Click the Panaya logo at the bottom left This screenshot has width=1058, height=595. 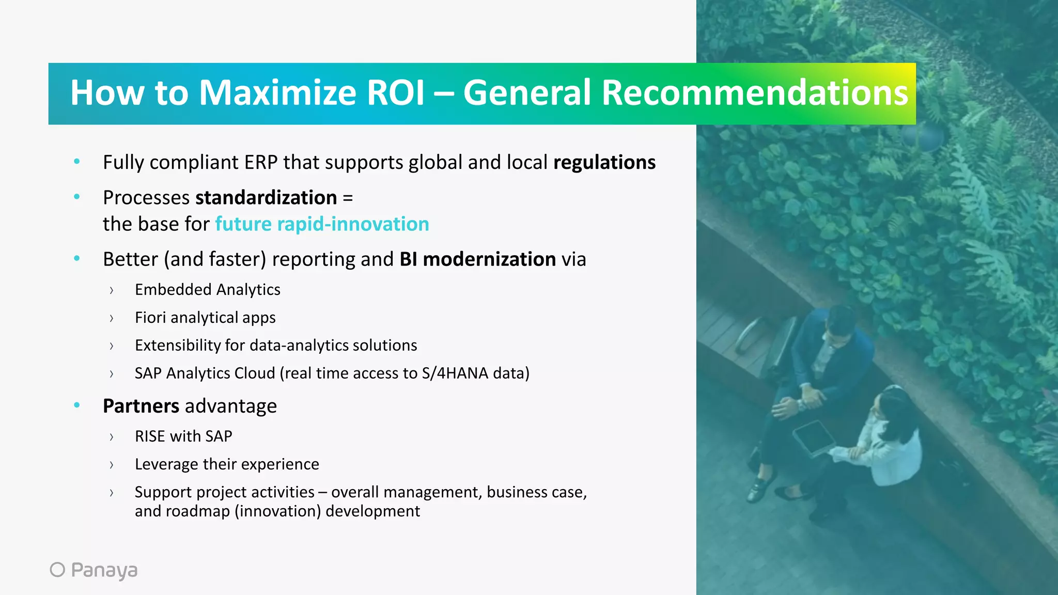94,570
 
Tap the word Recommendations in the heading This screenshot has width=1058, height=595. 754,93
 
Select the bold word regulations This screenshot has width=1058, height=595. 604,163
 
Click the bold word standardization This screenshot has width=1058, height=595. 266,198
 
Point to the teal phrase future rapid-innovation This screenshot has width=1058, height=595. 322,224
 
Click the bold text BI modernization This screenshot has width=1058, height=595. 477,259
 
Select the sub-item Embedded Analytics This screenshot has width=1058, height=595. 207,290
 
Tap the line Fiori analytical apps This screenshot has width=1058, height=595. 205,318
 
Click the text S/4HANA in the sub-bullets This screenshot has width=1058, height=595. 455,373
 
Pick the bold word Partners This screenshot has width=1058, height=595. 141,406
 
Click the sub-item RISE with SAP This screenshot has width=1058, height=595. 183,436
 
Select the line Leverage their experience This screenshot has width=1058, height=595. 227,464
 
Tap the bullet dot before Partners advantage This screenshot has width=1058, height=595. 77,405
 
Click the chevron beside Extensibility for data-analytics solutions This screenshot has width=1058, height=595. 112,346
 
